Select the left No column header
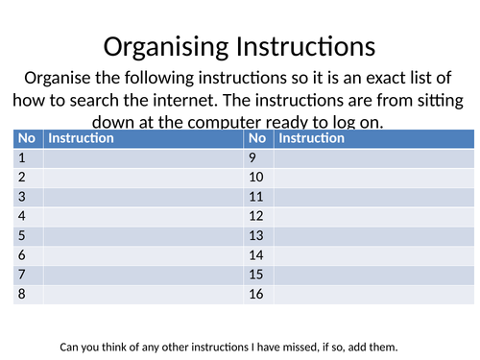[27, 138]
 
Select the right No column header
[257, 138]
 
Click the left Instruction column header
[82, 138]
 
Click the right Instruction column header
[311, 138]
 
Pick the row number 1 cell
[28, 157]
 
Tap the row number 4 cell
[28, 216]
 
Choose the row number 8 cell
[28, 294]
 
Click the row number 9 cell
[258, 157]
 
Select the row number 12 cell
[258, 216]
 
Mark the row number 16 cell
[258, 294]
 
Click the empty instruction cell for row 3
[142, 197]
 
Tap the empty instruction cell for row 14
[373, 255]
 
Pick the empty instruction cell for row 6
[142, 255]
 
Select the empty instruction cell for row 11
[373, 197]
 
